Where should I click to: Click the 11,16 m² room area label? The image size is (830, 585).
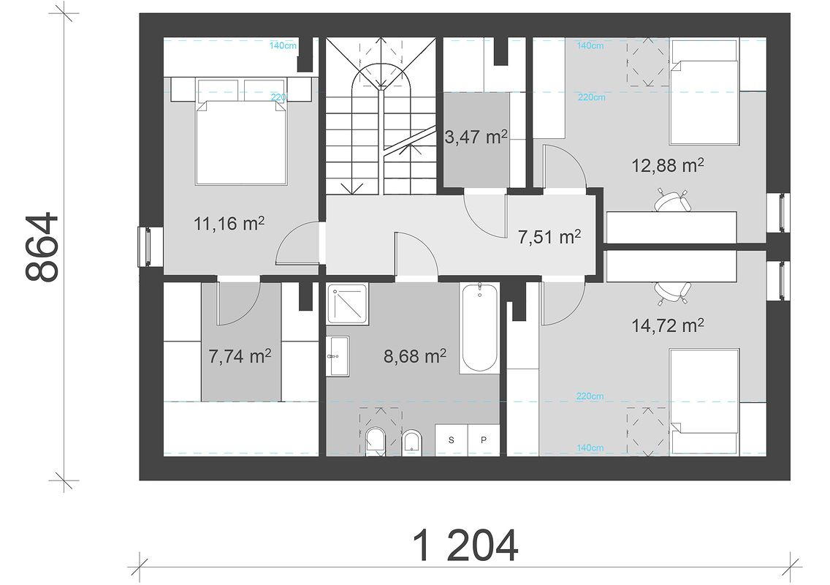tap(229, 224)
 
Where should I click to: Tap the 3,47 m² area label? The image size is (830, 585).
tap(476, 137)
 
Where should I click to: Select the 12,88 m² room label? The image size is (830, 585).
tap(668, 165)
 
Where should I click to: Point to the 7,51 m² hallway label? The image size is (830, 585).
tap(549, 237)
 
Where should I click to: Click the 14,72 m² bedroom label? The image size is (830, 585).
tap(668, 325)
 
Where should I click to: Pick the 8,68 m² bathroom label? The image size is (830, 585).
tap(414, 356)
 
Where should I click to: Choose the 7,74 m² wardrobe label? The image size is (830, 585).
tap(240, 356)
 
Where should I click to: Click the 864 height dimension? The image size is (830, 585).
tap(42, 246)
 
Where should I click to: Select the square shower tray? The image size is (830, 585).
tap(347, 303)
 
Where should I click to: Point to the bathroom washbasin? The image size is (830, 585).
tap(338, 356)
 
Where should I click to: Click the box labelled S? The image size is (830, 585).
tap(452, 439)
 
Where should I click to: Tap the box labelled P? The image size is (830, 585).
tap(483, 439)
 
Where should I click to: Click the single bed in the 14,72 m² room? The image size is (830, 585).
tap(704, 401)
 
